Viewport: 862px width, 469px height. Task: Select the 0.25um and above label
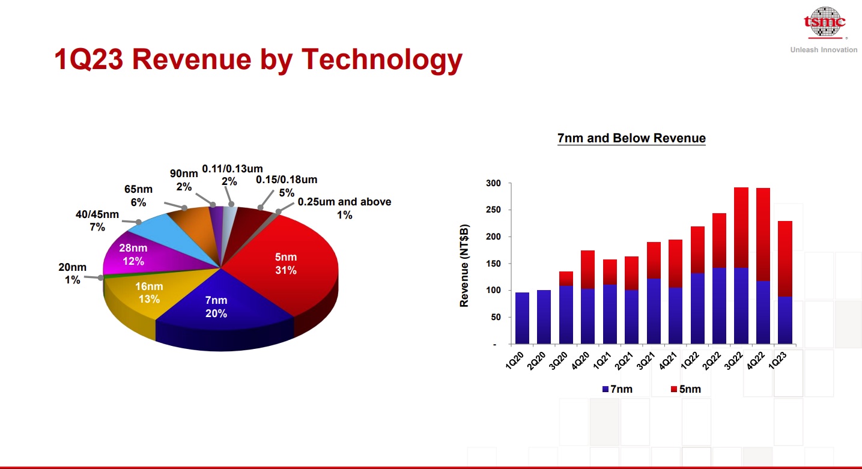point(344,208)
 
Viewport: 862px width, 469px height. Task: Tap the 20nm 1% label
point(73,273)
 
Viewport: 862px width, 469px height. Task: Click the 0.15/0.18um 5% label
point(287,186)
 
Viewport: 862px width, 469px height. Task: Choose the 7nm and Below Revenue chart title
point(631,138)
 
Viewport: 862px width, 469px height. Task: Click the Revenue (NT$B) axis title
point(464,264)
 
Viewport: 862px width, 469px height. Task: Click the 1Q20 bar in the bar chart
point(522,318)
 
